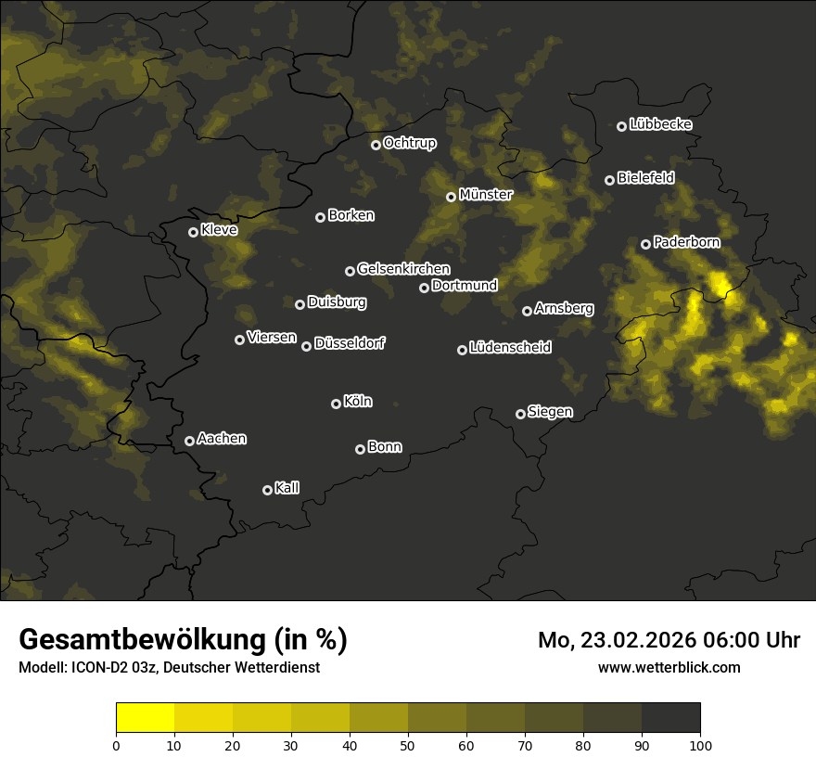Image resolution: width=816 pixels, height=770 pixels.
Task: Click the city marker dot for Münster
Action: point(451,197)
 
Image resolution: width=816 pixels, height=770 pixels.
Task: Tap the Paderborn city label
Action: point(686,242)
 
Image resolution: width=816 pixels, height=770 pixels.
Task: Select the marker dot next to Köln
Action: point(336,404)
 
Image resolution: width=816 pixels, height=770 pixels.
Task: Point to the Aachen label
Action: point(222,439)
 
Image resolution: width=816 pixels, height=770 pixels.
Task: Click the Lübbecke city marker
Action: point(621,126)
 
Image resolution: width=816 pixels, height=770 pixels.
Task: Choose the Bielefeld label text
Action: point(645,178)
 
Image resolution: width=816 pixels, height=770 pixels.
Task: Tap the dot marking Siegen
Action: point(520,414)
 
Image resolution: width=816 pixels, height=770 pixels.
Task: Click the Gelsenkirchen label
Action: point(403,269)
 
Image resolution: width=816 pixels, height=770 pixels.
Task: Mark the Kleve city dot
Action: point(193,232)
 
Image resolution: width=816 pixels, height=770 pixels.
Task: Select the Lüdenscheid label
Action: point(510,348)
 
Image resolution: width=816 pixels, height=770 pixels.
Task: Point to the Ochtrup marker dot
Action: point(376,145)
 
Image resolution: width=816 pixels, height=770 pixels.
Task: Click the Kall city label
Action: point(287,488)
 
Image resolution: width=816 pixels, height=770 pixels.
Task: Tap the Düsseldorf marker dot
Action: point(306,346)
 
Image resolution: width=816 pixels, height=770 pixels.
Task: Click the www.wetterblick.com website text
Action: point(669,667)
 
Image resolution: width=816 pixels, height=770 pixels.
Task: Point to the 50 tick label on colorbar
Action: point(408,744)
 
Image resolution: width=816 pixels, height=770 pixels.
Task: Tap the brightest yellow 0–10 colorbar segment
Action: point(145,718)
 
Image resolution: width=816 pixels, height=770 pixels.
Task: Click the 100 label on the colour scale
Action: point(700,744)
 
